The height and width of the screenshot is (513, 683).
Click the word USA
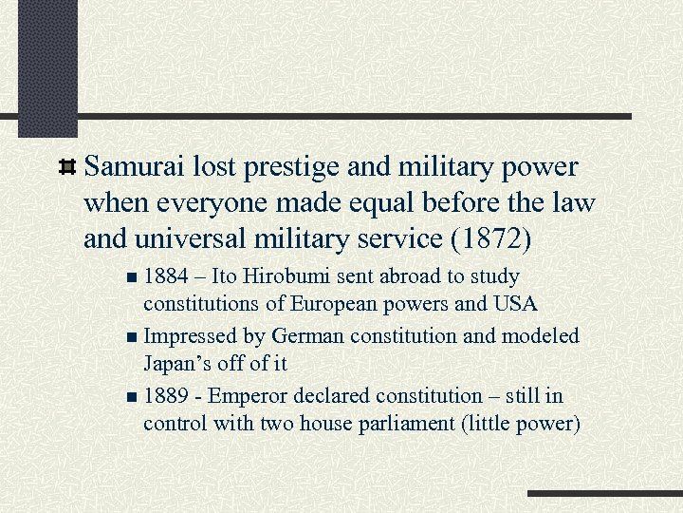click(516, 304)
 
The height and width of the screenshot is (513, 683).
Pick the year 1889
click(170, 395)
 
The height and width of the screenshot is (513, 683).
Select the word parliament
click(406, 423)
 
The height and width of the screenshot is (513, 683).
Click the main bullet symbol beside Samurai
click(67, 168)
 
